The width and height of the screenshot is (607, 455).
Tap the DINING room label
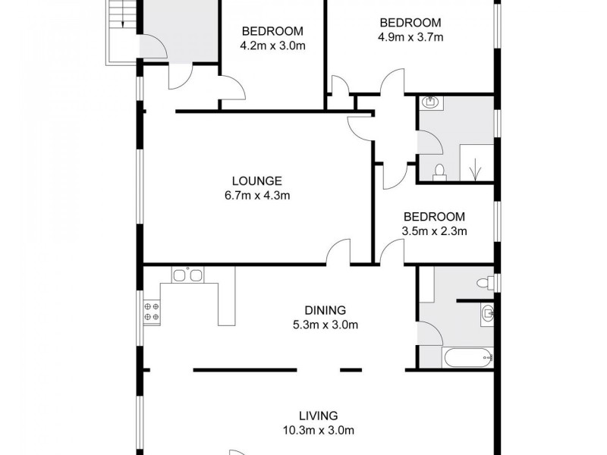click(x=325, y=310)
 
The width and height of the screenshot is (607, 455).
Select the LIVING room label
click(x=318, y=416)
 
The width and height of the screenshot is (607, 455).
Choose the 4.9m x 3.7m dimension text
click(x=410, y=36)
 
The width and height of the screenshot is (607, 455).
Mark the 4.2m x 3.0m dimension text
click(x=272, y=45)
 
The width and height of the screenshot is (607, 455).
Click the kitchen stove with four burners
click(x=150, y=310)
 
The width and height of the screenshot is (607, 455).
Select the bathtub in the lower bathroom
click(x=467, y=356)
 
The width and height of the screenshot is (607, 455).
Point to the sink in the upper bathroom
click(x=429, y=102)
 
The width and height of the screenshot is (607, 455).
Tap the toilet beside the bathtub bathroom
click(x=484, y=283)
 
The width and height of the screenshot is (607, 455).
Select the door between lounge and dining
click(x=339, y=253)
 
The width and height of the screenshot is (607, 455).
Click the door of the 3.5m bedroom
click(x=392, y=253)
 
